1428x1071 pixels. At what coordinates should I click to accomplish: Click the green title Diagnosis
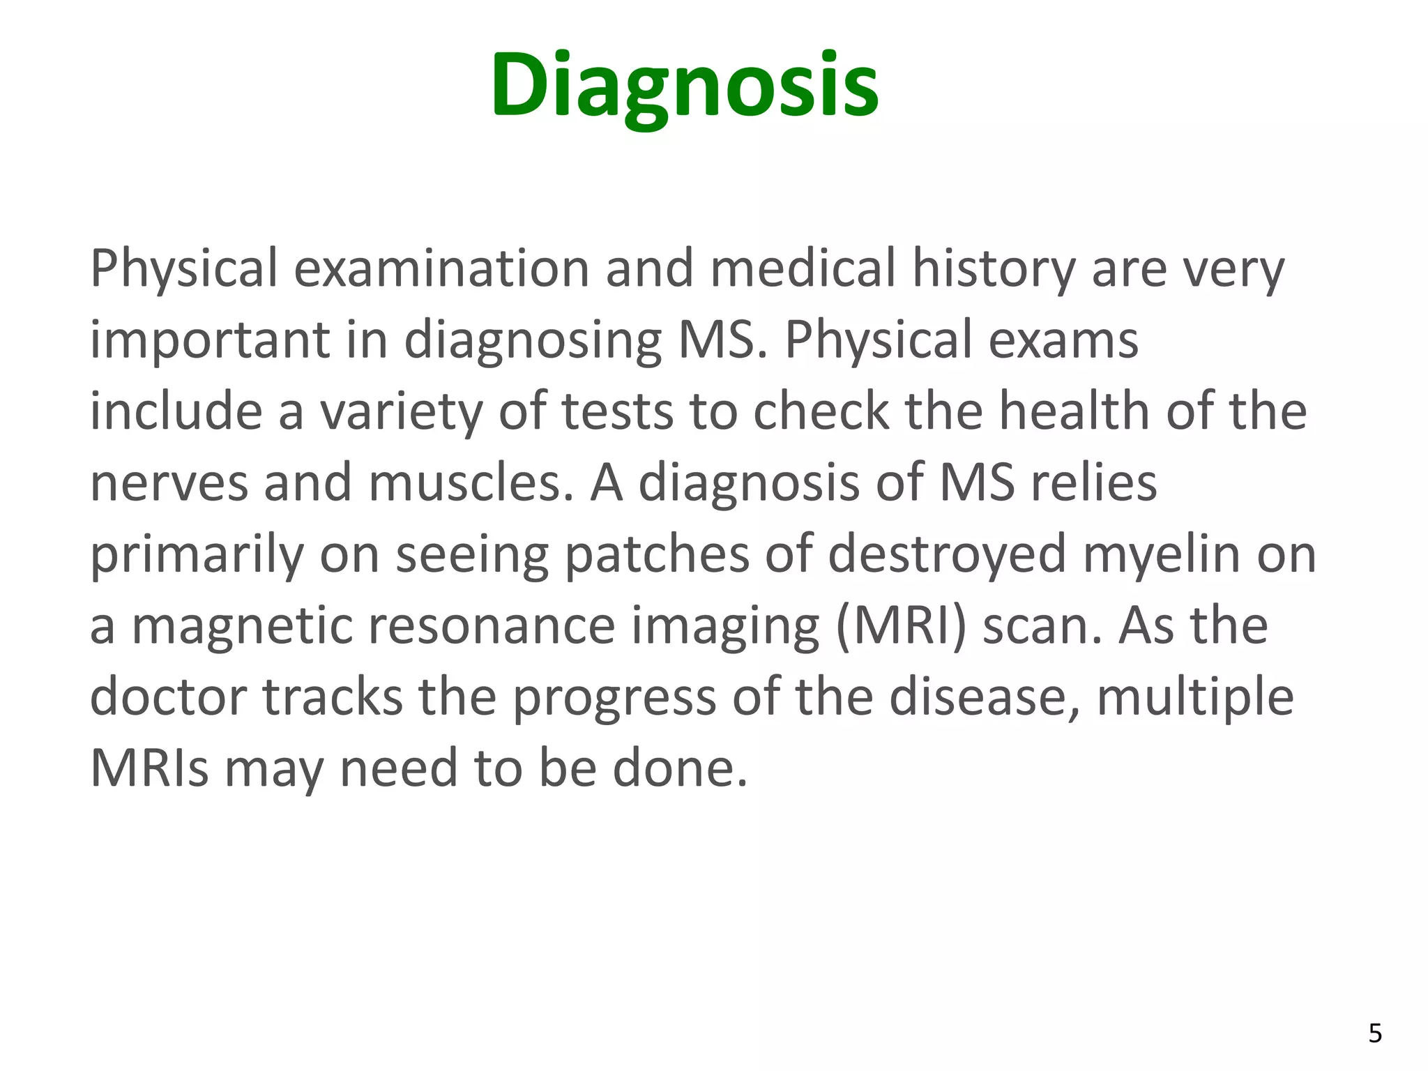(685, 86)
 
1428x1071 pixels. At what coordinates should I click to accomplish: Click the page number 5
(1375, 1033)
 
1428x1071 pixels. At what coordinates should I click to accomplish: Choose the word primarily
(197, 555)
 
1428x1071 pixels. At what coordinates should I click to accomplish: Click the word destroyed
(947, 555)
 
